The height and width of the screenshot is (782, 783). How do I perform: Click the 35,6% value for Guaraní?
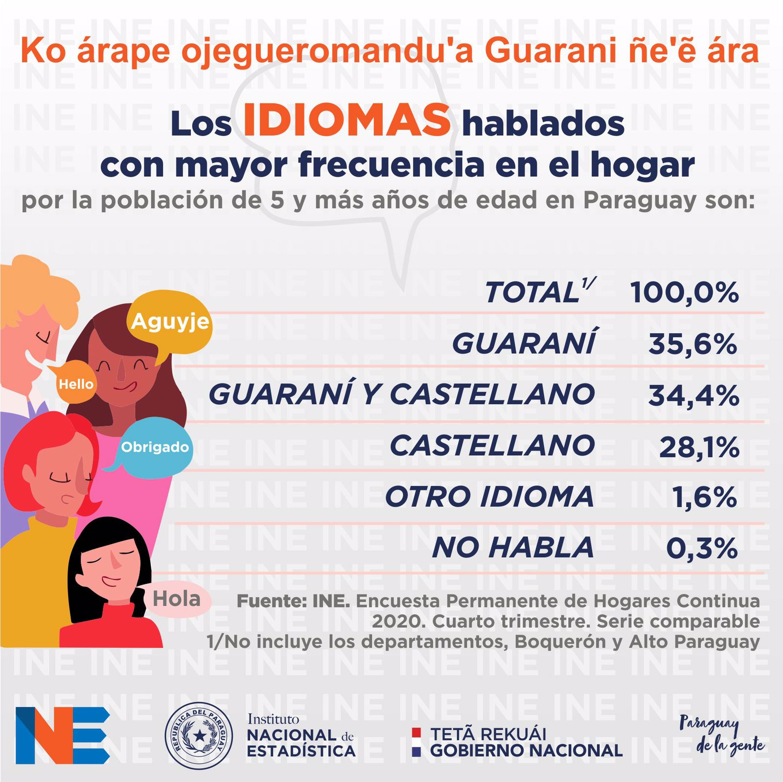coord(692,344)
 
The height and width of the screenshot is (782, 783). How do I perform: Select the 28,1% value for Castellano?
coord(698,447)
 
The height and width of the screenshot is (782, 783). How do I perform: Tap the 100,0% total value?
coord(684,293)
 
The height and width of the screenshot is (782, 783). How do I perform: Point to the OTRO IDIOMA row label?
coord(489,497)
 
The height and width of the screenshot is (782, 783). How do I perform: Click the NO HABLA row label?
coord(512,548)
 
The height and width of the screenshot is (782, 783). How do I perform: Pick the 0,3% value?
coord(701,548)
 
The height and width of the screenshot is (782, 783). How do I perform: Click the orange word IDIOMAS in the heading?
coord(346,120)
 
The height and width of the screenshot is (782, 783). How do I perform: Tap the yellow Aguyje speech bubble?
coord(170,322)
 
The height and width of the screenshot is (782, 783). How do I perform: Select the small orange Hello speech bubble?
coord(76,384)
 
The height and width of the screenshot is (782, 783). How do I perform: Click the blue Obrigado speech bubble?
coord(155,447)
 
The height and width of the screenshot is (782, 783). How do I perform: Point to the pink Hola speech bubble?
coord(177,599)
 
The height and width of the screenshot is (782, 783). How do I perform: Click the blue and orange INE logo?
coord(62,735)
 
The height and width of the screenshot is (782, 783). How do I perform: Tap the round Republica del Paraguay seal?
coord(199,736)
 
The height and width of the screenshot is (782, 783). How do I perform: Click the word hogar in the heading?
coord(642,165)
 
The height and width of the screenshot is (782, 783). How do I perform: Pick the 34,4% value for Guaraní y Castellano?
coord(693,395)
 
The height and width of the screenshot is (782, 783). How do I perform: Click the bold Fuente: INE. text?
coord(293,601)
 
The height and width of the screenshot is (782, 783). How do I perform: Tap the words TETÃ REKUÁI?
coord(488,734)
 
